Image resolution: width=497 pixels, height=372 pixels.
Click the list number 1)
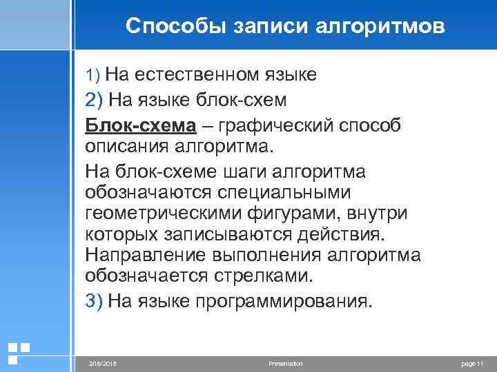pos(93,74)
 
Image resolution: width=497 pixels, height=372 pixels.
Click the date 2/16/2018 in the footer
pos(104,363)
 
